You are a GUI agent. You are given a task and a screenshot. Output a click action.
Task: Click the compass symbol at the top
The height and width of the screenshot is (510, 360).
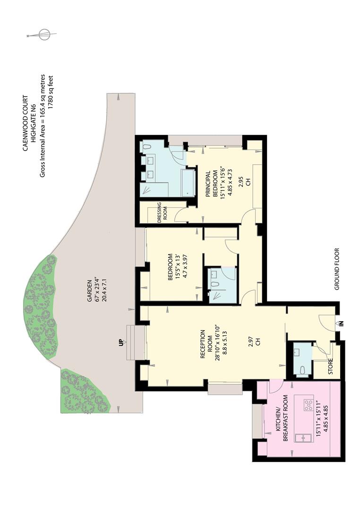point(43,34)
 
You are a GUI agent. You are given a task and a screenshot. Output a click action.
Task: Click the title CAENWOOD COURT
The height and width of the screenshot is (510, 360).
point(26,123)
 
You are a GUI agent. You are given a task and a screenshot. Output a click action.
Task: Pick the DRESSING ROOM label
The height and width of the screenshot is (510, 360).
point(162,212)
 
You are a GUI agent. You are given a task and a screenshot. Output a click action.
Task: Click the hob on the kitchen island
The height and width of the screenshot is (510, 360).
point(308,405)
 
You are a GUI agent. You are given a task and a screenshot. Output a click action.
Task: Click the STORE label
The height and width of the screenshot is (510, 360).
point(331,366)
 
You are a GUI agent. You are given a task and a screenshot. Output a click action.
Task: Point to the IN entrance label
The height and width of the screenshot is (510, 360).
point(342,323)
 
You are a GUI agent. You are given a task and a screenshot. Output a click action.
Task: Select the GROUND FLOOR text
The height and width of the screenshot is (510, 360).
point(336,269)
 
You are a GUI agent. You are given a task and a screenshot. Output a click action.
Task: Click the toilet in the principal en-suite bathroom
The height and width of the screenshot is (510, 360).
point(147,147)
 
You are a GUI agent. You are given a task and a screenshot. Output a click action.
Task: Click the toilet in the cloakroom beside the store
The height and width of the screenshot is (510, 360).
point(303,371)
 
